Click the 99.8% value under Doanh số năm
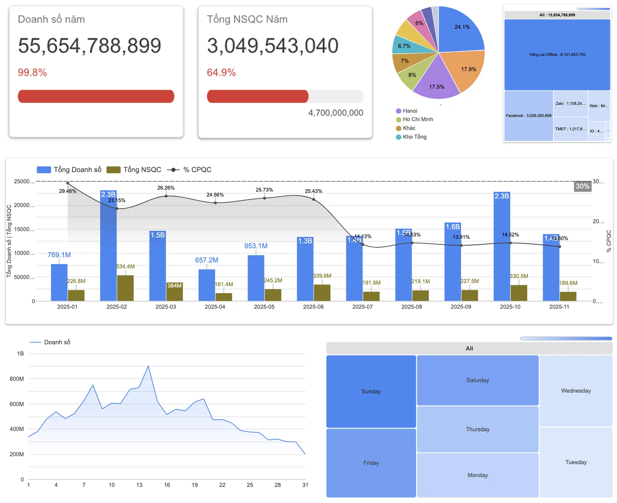[32, 72]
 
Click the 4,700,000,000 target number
[335, 113]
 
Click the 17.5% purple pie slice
[437, 84]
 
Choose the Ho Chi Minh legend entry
[417, 119]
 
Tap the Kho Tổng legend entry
[414, 137]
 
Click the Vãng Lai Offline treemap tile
[557, 54]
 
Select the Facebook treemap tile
[528, 116]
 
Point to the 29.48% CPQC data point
[68, 183]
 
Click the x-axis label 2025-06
[313, 307]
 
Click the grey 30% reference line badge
[582, 186]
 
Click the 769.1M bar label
[59, 255]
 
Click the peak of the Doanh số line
[148, 366]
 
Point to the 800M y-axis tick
[17, 379]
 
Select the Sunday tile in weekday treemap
[371, 391]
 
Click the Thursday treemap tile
[478, 429]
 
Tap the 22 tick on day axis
[222, 485]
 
